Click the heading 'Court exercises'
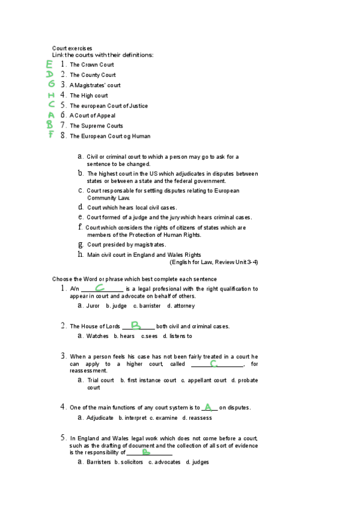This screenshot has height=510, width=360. pos(72,48)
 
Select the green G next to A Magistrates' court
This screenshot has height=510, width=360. pos(52,84)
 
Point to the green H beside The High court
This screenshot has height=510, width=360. pos(52,95)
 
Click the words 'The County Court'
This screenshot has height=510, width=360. pos(93,75)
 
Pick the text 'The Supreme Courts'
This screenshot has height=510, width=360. pos(96,126)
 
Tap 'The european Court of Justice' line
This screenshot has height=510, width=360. pos(108,106)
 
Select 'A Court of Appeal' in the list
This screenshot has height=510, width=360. pos(92,115)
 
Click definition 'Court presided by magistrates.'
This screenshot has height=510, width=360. pos(126,245)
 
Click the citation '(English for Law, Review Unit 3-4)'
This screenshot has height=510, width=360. pos(214,262)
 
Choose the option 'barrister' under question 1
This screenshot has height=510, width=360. pos(150,306)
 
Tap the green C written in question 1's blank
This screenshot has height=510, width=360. pos(100,288)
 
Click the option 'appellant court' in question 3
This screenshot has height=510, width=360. pos(207,380)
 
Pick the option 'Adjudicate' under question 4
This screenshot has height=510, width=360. pos(100,417)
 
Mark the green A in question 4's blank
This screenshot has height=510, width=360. pos(208,407)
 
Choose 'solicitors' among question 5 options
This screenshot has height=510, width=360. pos(132,462)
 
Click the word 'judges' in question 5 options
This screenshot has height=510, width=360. pos(200,462)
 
